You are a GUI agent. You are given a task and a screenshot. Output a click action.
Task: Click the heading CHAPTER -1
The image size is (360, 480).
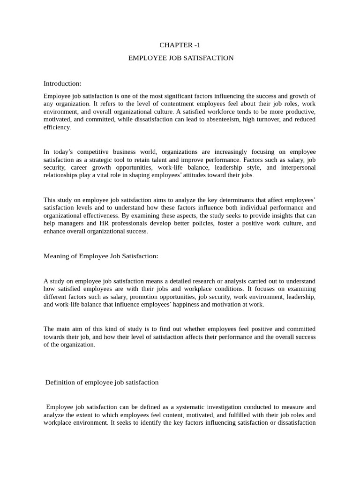coord(180,45)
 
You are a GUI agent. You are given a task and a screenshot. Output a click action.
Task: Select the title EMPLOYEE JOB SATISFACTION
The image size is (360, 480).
coord(181,58)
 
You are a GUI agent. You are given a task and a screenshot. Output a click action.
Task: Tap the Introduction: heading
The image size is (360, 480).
coord(62,83)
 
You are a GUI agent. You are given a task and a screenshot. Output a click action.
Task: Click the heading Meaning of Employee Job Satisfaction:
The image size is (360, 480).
coord(101,256)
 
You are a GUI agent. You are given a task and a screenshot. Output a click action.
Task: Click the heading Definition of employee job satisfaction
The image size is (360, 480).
coord(102,382)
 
